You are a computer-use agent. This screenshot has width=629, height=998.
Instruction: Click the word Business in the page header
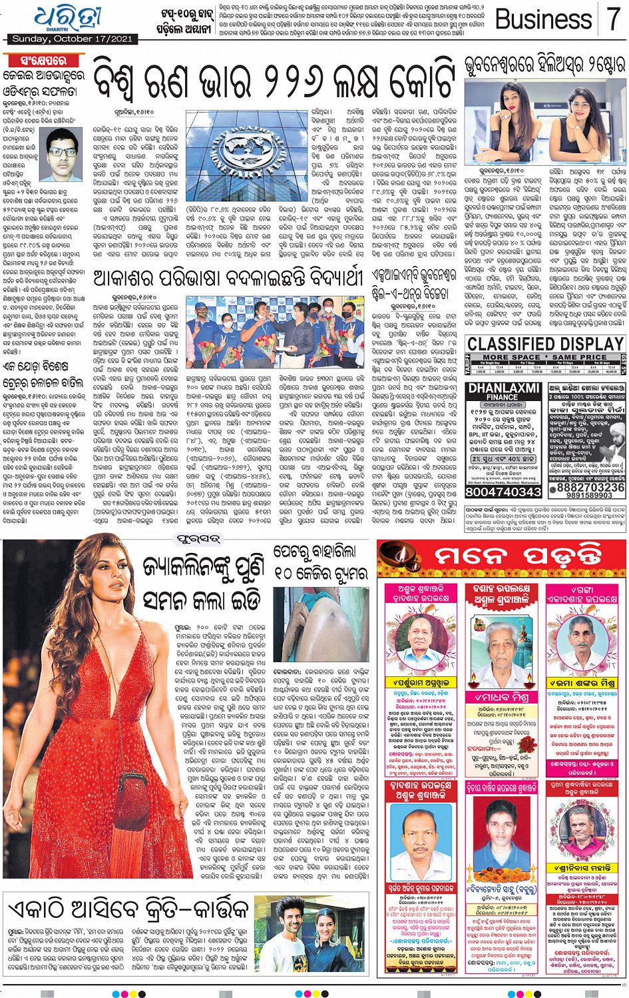tap(544, 20)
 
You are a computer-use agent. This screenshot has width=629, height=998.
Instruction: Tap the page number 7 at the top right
tap(612, 20)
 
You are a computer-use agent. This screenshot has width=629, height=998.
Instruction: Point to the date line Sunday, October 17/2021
tap(72, 39)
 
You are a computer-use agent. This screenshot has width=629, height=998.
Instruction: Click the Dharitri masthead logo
tap(68, 18)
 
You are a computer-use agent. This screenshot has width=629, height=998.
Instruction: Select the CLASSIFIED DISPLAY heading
tap(545, 344)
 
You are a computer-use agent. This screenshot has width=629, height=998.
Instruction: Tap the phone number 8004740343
tap(503, 492)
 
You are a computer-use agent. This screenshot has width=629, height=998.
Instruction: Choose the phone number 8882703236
tap(586, 488)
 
